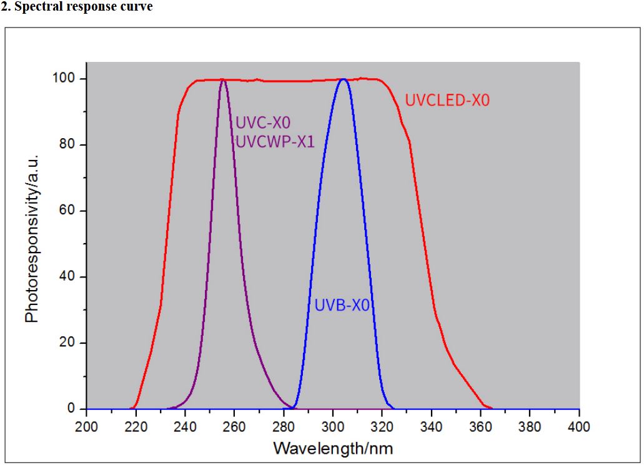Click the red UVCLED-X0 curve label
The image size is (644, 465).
point(447,100)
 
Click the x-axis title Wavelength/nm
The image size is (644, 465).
point(333,448)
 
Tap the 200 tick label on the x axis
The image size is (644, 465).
point(86,427)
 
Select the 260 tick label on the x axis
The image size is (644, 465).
point(234,427)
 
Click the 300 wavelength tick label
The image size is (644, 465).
point(333,427)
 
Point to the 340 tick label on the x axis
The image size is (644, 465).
point(432,427)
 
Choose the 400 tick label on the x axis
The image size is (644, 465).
point(579,427)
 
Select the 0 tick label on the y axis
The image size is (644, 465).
point(72,409)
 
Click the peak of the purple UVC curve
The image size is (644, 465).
point(223,79)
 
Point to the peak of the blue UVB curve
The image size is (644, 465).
point(343,79)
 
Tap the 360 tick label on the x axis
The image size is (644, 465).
point(480,427)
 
